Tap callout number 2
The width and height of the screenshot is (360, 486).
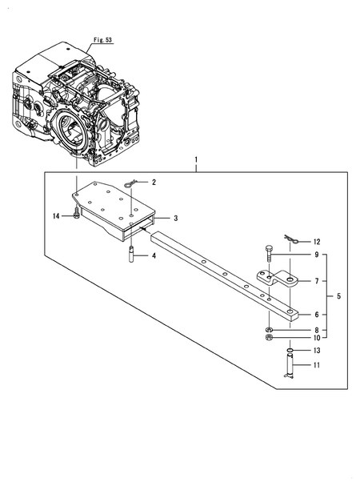[154, 183]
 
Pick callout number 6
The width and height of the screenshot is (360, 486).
[315, 315]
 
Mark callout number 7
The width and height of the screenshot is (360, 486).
[315, 281]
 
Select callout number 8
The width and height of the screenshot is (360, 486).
[315, 330]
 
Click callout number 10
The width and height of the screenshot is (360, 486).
[315, 338]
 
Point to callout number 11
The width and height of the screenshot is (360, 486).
[315, 367]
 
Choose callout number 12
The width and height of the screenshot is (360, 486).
[317, 241]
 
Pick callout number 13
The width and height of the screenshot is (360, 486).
[315, 350]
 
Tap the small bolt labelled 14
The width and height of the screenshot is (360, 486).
[74, 214]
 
